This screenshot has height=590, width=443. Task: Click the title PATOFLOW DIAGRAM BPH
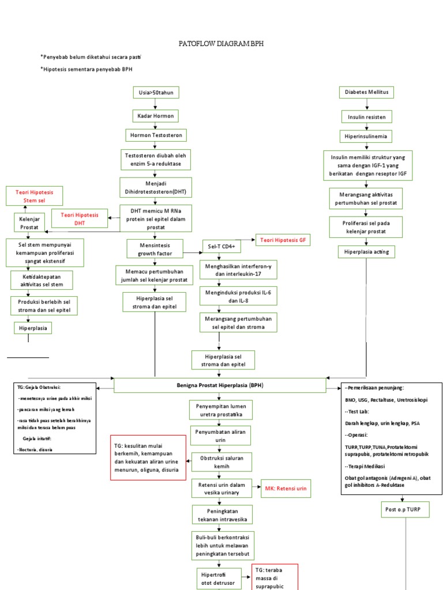pos(222,44)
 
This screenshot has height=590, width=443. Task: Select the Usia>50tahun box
pos(156,92)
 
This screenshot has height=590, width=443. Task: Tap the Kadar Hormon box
pos(156,116)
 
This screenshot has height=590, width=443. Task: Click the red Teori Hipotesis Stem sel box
pos(34,196)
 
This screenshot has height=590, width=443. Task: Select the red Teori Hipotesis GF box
pos(282,239)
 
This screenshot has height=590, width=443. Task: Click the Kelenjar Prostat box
pos(29,224)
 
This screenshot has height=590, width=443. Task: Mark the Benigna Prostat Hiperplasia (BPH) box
pos(220,385)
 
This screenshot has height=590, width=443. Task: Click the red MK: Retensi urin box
pos(286,489)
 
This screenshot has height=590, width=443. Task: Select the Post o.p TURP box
pos(406,509)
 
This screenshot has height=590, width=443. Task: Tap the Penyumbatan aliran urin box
pos(222,436)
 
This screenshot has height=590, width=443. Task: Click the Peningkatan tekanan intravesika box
pos(222,515)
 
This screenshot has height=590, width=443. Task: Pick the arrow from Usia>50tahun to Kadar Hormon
pos(156,104)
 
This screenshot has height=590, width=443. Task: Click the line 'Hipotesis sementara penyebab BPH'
pos(87,69)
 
